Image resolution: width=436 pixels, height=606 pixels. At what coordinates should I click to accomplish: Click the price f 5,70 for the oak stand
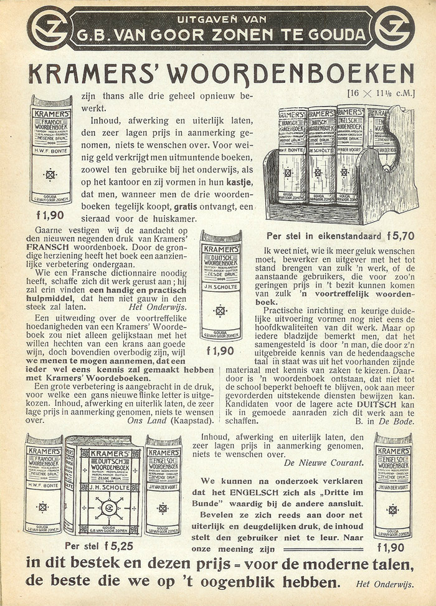point(401,236)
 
